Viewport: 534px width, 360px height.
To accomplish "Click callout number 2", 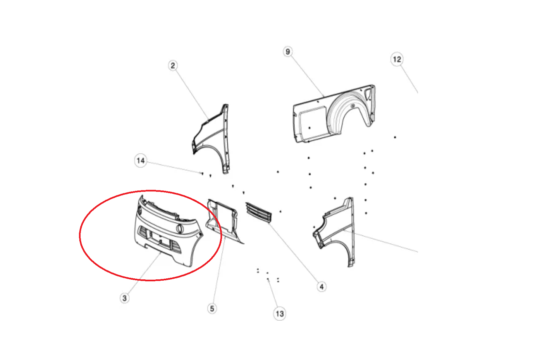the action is [173, 66].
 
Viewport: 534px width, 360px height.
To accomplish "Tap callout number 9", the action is [288, 51].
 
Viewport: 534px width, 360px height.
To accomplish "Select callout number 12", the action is [397, 59].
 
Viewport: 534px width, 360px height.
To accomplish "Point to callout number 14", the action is [141, 161].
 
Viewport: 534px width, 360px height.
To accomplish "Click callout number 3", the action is [124, 298].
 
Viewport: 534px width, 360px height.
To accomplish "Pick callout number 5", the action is [212, 309].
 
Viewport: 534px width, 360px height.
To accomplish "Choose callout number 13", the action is [280, 313].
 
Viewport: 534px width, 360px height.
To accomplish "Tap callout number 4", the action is [322, 287].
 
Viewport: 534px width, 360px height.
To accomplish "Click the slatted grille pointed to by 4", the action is [259, 212].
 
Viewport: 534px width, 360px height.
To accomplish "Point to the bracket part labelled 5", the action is [223, 221].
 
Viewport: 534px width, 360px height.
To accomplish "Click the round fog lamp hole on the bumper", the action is [180, 229].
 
